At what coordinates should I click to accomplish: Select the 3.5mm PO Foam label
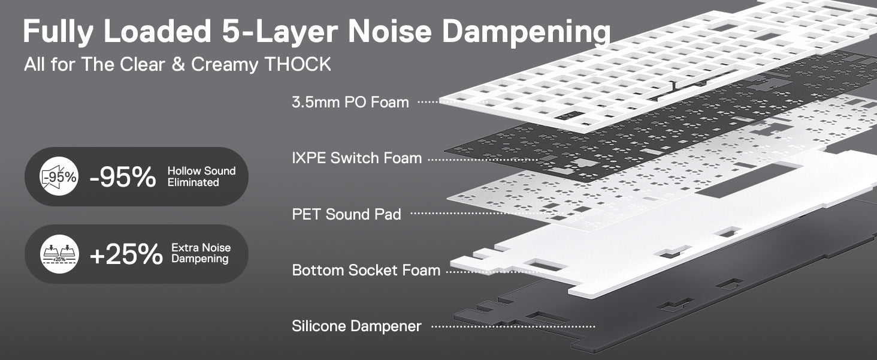coord(350,103)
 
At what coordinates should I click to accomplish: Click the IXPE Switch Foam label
coord(356,158)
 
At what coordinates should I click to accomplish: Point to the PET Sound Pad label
coord(346,214)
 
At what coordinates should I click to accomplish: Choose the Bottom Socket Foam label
coord(366,270)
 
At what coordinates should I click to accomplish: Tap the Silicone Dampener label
coord(356,326)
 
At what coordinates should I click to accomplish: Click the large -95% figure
coord(123,177)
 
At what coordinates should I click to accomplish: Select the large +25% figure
coord(126,254)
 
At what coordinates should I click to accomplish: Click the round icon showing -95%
coord(59,176)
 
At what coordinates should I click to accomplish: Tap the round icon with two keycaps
coord(59,254)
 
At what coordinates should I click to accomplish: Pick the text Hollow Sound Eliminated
coord(201,176)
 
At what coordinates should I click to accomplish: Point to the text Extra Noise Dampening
coord(201,253)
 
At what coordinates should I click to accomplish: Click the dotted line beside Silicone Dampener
coord(513,326)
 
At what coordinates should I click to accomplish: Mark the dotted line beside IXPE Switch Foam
coord(483,160)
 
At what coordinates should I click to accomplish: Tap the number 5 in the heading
coord(231,31)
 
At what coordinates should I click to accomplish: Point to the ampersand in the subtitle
coord(178,64)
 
